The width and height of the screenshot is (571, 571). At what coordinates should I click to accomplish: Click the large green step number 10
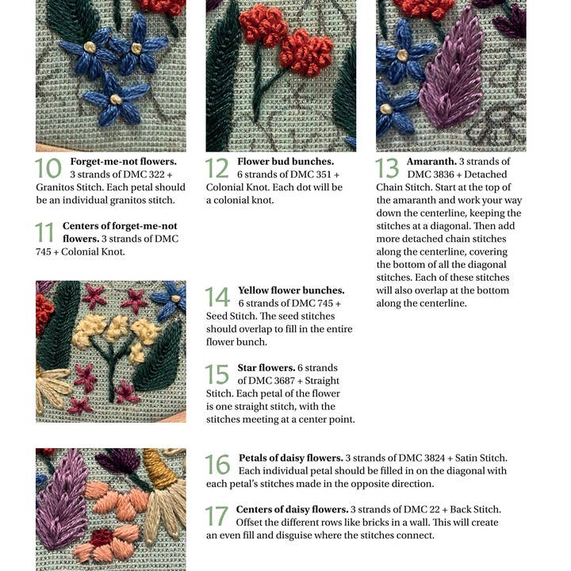pyautogui.click(x=48, y=168)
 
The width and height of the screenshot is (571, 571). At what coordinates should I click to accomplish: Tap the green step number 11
pyautogui.click(x=45, y=232)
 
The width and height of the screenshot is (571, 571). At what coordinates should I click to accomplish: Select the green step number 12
pyautogui.click(x=217, y=168)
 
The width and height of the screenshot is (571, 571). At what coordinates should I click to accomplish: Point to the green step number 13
pyautogui.click(x=387, y=168)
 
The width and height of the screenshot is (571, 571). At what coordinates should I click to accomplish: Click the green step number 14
pyautogui.click(x=217, y=297)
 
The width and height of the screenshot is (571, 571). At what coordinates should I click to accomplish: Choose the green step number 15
pyautogui.click(x=217, y=374)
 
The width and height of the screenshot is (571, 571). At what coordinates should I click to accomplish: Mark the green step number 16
pyautogui.click(x=217, y=465)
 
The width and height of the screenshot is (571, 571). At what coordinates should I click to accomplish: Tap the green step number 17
pyautogui.click(x=217, y=515)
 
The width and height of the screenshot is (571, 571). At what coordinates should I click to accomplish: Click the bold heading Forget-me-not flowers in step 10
pyautogui.click(x=128, y=161)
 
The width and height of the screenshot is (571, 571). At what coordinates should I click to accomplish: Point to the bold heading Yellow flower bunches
pyautogui.click(x=291, y=290)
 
